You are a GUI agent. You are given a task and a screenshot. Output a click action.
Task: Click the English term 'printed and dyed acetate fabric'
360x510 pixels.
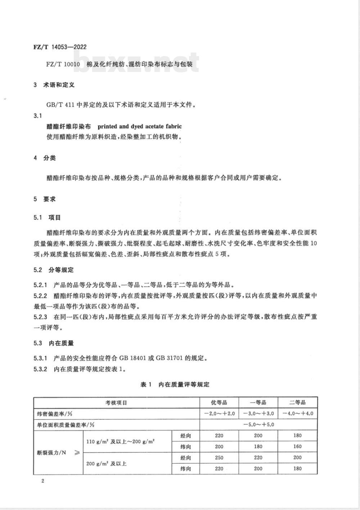(x=140, y=127)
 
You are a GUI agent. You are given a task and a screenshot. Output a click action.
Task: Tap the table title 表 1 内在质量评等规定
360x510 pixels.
(x=175, y=384)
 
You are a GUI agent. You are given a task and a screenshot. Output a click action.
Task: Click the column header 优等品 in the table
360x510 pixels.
(x=219, y=402)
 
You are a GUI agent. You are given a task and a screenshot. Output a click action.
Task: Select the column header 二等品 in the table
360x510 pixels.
(x=297, y=402)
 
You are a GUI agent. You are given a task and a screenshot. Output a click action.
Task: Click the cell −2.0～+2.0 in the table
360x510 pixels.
(x=219, y=414)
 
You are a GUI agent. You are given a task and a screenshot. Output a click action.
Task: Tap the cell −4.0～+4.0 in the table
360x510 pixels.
(x=297, y=414)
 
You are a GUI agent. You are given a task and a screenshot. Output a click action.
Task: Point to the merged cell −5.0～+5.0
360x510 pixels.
(x=258, y=424)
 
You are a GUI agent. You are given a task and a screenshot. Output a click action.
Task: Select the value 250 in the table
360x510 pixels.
(x=219, y=458)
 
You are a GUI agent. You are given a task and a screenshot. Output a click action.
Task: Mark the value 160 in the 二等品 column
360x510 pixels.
(x=297, y=447)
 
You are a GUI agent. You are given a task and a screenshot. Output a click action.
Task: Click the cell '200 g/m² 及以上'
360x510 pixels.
(x=107, y=463)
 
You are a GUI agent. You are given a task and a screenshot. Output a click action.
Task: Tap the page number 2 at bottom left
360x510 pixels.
(x=42, y=481)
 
